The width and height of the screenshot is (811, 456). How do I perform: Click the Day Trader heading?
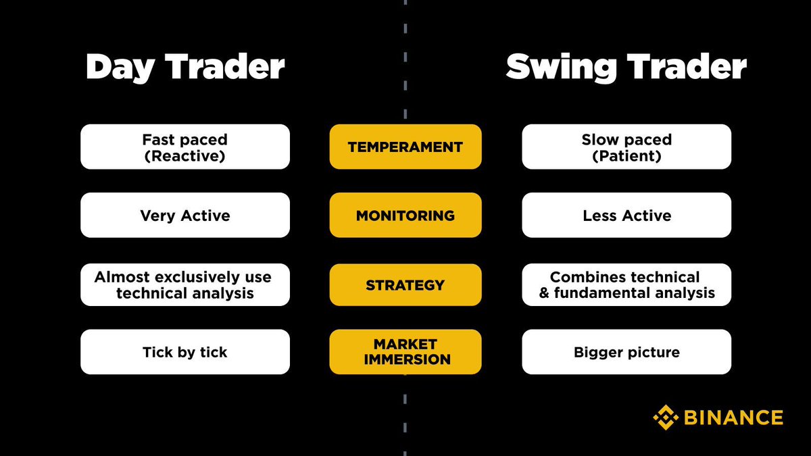coord(185,68)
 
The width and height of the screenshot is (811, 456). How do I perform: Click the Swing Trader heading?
coord(626,68)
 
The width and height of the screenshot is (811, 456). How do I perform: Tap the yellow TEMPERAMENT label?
coord(405,147)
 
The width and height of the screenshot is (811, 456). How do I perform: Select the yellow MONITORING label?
coord(405,216)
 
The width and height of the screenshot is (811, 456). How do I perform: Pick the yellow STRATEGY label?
coord(405,284)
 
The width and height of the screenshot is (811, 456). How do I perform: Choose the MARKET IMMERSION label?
coord(405,352)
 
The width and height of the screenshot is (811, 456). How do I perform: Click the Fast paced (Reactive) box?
coord(185,147)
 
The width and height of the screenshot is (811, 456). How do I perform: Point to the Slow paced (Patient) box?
coord(626,147)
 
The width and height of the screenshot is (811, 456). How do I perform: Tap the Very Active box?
coord(185,216)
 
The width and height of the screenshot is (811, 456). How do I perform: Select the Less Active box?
coord(626,216)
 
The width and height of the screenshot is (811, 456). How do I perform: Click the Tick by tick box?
coord(185,352)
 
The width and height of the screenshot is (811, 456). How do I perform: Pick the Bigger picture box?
coord(626,352)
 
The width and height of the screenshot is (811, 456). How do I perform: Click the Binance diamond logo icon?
coord(666,417)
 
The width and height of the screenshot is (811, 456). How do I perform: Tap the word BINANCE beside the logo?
coord(733,417)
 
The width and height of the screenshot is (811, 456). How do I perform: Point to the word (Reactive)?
coord(185,156)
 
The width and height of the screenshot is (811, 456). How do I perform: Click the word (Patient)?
coord(626,156)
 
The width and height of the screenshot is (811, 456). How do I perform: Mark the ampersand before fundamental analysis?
coord(544,294)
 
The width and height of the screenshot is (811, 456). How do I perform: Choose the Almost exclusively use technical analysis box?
coord(185,284)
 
